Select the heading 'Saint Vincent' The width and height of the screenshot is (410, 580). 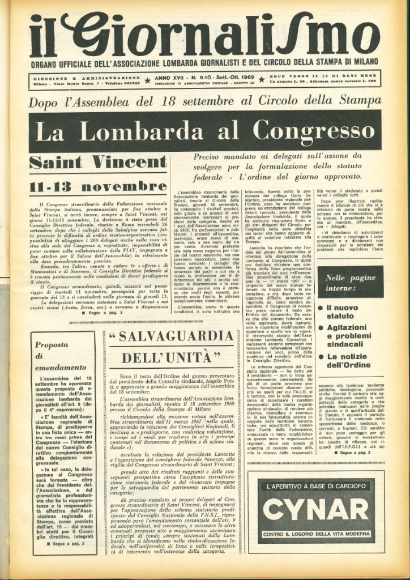pos(99,162)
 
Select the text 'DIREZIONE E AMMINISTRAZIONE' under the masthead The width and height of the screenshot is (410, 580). pos(86,78)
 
